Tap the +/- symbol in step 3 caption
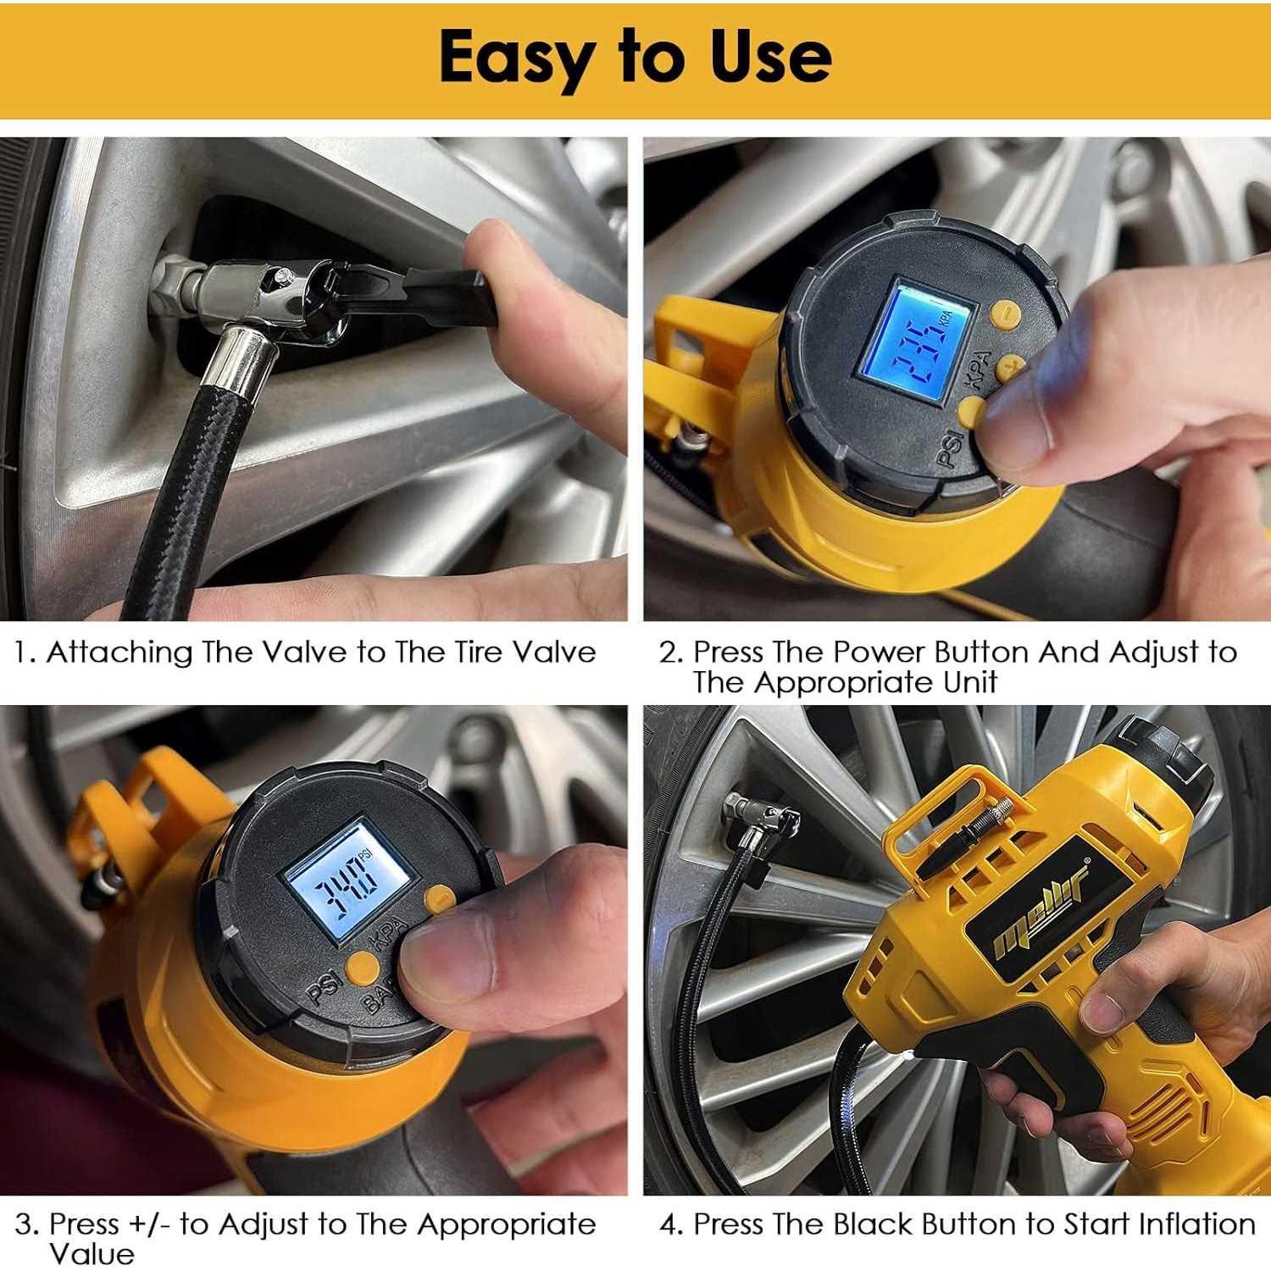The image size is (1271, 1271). click(150, 1225)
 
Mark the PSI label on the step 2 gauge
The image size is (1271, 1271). click(950, 448)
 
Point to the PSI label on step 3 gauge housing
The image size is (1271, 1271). click(323, 986)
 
